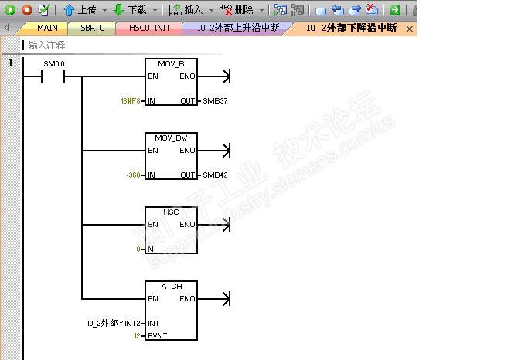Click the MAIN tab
(47, 28)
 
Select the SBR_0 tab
(92, 28)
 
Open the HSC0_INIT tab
(149, 28)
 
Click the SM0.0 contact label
(54, 64)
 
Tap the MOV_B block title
(171, 63)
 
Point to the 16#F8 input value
(131, 101)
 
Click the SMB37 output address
(215, 101)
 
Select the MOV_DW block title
(171, 138)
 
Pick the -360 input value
(134, 175)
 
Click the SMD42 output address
(215, 175)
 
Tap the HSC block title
(171, 212)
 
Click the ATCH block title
(171, 286)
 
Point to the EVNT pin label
(158, 336)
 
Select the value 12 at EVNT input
(137, 336)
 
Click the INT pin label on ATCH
(154, 324)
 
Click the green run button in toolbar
(10, 10)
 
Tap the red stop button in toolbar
(26, 10)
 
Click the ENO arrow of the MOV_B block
(225, 76)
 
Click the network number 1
(10, 62)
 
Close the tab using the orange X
(410, 29)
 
